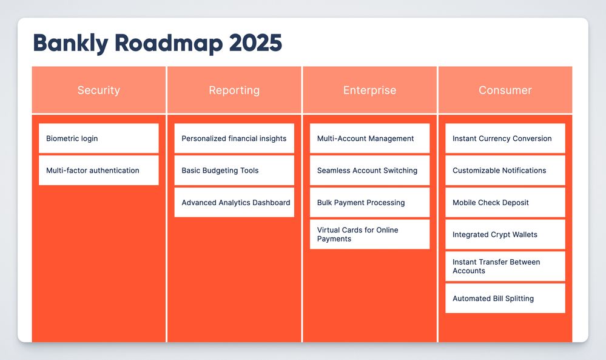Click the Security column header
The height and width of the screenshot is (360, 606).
pos(98,90)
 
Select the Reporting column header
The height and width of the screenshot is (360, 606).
pos(234,90)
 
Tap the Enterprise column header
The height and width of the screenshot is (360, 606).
pos(370,90)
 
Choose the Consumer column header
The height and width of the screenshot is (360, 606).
pos(505,90)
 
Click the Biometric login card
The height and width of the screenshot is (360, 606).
pos(98,138)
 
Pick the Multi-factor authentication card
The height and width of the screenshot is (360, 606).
pos(98,170)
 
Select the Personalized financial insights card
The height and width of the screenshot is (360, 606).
pos(234,138)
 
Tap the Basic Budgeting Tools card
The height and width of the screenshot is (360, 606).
pos(234,170)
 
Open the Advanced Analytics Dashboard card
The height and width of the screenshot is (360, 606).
pos(234,202)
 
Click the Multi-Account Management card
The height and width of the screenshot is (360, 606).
pos(370,138)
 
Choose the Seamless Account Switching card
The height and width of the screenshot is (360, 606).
pos(370,170)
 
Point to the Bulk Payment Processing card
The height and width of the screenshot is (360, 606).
pos(370,202)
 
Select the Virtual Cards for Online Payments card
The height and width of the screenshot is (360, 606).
pos(370,234)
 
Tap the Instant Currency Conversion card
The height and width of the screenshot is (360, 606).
pos(505,138)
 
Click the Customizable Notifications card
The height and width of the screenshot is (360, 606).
pos(505,170)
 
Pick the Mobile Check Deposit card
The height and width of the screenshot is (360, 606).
pos(505,202)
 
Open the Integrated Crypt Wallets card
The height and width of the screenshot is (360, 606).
pos(505,234)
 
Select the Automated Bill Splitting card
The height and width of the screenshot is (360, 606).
pos(505,298)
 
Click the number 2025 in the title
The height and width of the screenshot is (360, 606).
pos(255,42)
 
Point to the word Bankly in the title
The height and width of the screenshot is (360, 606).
pos(71,43)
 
